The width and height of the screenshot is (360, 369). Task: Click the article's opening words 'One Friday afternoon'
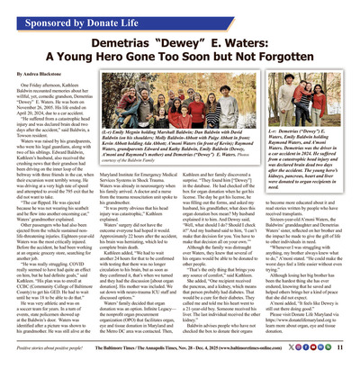point(37,83)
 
